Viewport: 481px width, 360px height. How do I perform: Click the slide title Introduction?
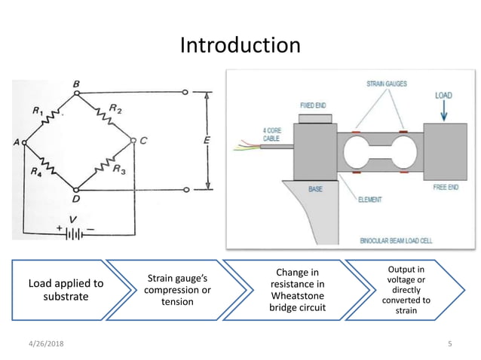240,45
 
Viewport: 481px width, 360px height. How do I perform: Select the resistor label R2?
115,108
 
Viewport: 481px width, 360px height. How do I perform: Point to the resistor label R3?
118,170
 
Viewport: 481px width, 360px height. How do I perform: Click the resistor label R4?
37,170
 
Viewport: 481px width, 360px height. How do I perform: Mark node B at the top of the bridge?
76,85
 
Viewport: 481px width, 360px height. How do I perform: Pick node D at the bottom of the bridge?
75,199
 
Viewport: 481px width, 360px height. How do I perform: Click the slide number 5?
449,344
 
